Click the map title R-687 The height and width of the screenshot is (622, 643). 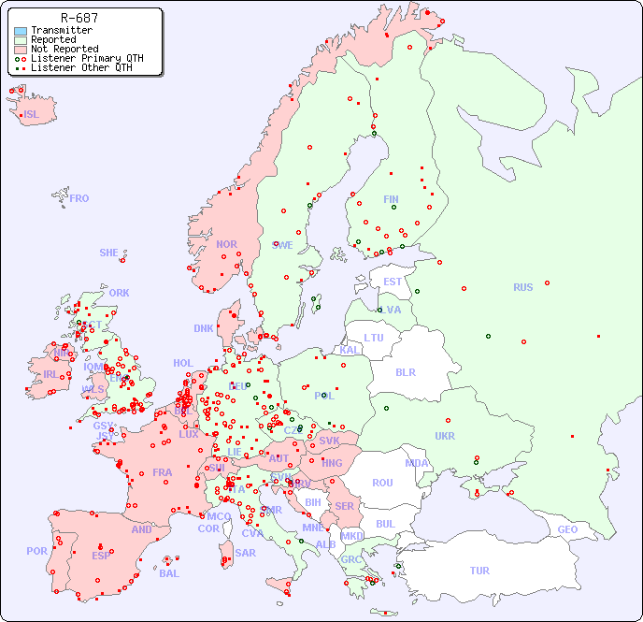tap(79, 18)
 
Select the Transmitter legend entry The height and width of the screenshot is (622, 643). tap(61, 31)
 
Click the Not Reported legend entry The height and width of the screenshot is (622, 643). tap(64, 49)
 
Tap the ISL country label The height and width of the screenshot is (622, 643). tap(32, 115)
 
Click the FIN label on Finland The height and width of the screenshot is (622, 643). tap(391, 199)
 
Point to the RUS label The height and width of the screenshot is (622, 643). tap(522, 287)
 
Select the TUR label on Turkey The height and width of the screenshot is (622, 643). tap(479, 571)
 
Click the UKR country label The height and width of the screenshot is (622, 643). tap(445, 436)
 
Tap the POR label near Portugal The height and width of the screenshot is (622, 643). tap(36, 551)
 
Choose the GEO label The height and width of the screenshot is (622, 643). tap(567, 529)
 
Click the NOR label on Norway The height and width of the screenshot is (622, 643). tap(226, 244)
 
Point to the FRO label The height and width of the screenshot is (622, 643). tap(79, 198)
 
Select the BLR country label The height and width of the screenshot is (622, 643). tap(405, 371)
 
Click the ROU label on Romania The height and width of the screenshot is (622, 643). tap(382, 483)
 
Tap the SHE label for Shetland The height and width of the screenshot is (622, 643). tap(109, 253)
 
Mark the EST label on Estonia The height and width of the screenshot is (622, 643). tap(393, 282)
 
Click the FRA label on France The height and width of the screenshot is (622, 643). tap(163, 472)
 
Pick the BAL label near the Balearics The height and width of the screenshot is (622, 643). tap(169, 573)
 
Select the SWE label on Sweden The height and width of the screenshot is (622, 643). tap(282, 245)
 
